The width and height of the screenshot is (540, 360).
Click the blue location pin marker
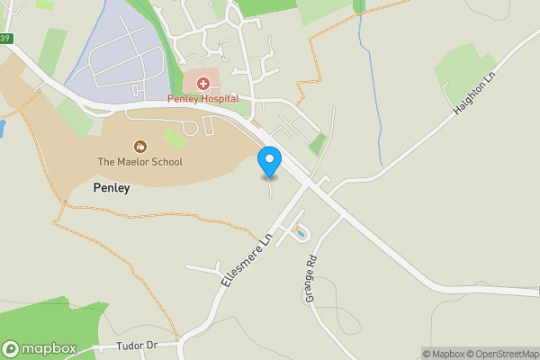(268, 161)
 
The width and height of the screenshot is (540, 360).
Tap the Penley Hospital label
(202, 98)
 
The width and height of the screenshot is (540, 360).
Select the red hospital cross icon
(203, 84)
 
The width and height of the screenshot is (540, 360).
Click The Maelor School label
(139, 162)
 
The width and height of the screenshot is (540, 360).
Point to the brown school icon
(139, 146)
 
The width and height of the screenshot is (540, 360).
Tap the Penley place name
(112, 188)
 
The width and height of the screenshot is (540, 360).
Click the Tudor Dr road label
(137, 346)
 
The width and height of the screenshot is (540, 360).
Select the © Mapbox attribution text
(440, 354)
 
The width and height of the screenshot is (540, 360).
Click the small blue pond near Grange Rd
(299, 234)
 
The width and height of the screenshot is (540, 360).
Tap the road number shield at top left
(6, 39)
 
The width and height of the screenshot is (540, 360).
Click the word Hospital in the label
(219, 98)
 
